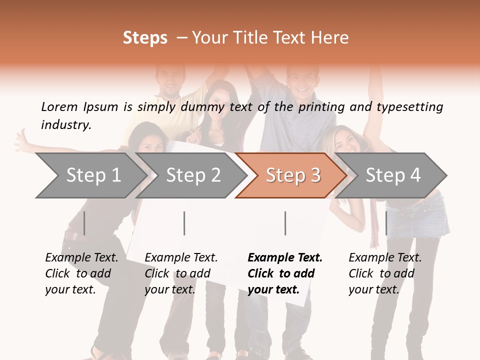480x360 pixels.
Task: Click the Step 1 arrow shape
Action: pyautogui.click(x=90, y=175)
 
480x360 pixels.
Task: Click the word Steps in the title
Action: pyautogui.click(x=145, y=38)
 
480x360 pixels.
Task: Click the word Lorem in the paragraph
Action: pyautogui.click(x=59, y=106)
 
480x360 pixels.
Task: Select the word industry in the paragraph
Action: pyautogui.click(x=65, y=124)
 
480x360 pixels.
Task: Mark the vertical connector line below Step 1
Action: pyautogui.click(x=84, y=223)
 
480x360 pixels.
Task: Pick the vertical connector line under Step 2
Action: pyautogui.click(x=184, y=223)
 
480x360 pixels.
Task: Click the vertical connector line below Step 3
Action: pyautogui.click(x=285, y=223)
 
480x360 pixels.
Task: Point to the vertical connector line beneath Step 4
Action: pyautogui.click(x=386, y=223)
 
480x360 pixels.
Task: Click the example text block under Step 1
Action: pyautogui.click(x=81, y=273)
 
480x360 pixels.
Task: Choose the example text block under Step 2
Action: pyautogui.click(x=181, y=273)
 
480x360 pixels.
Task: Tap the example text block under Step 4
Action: pyautogui.click(x=385, y=273)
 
